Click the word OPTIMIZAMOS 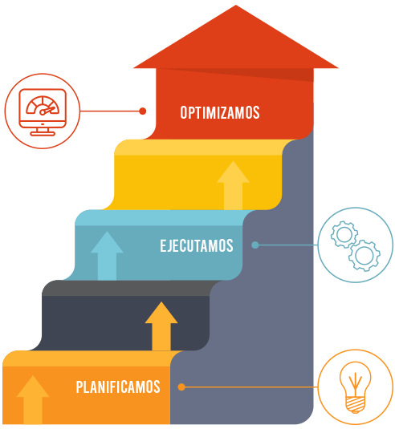pos(220,112)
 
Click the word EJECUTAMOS pos(197,245)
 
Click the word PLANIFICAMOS pos(118,387)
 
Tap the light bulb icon pos(356,387)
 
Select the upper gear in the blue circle pos(344,234)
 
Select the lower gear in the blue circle pos(364,255)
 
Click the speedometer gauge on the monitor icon pos(43,105)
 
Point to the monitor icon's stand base pos(43,134)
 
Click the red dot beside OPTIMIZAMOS pos(142,111)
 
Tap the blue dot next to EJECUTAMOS pos(255,245)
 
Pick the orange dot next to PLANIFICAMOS pos(181,387)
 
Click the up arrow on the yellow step pos(233,185)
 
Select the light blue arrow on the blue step pos(107,256)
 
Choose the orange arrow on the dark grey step pos(161,326)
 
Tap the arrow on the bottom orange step pos(33,399)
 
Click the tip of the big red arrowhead pos(236,5)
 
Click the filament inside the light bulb pos(356,384)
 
